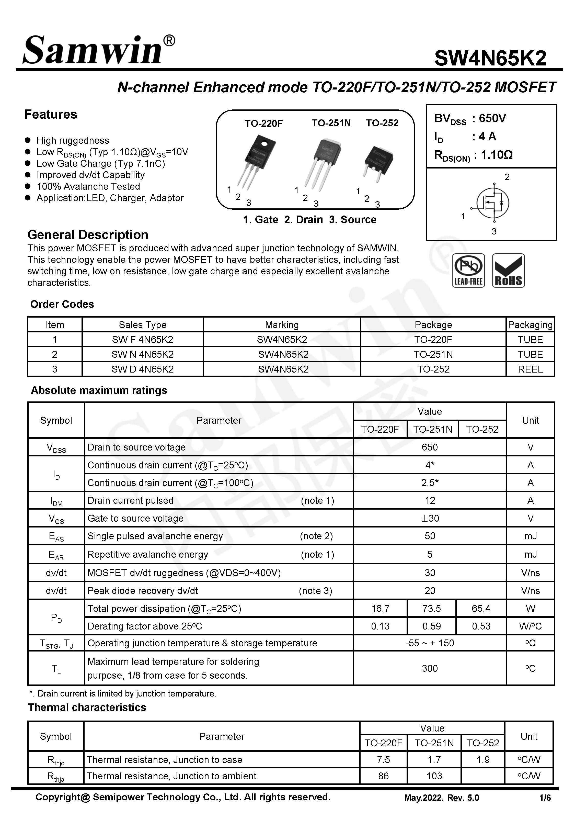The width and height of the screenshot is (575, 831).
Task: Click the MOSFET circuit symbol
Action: click(x=492, y=203)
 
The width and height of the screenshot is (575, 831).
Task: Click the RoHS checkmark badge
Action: click(x=508, y=270)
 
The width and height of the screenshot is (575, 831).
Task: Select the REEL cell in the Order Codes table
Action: click(x=530, y=369)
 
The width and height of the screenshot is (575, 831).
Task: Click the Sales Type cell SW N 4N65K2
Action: click(x=142, y=354)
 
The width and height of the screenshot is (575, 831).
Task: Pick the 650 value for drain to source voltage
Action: click(x=429, y=447)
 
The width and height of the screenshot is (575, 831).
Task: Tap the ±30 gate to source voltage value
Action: click(x=429, y=518)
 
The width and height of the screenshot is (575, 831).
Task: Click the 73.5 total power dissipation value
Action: click(x=431, y=609)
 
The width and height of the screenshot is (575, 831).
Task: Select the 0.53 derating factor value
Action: click(x=481, y=626)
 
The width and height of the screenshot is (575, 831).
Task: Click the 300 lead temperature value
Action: click(x=429, y=668)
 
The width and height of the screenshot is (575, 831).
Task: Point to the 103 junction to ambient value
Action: click(x=434, y=776)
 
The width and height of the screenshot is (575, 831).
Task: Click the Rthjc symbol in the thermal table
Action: click(x=56, y=760)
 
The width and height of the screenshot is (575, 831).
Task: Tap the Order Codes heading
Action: click(x=62, y=304)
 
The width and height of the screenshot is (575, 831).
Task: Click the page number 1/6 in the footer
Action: click(x=545, y=798)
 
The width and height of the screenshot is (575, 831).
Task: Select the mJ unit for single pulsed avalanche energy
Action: click(x=530, y=536)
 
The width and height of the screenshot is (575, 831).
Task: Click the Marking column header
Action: click(x=282, y=325)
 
